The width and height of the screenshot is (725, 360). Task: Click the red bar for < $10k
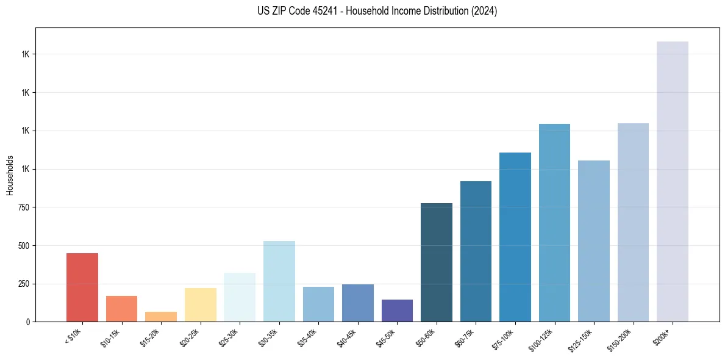[82, 287]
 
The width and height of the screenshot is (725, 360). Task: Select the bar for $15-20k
[161, 317]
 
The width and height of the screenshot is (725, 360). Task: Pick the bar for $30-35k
[279, 281]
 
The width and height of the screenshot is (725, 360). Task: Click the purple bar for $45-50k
[397, 311]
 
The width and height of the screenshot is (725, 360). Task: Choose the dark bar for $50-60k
[437, 262]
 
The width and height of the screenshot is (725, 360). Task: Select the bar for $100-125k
[554, 223]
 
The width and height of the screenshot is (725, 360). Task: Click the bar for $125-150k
[594, 241]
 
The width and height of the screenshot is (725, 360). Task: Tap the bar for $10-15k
[122, 309]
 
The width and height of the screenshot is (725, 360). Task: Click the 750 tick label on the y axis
[24, 207]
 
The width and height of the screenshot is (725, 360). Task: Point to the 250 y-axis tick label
[24, 284]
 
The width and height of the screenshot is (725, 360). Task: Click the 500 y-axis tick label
[24, 246]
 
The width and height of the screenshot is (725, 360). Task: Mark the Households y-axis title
[10, 175]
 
